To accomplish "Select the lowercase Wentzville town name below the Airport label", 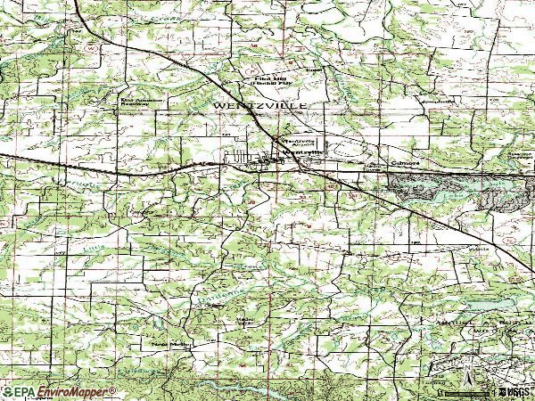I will [301, 151].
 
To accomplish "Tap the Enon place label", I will [312, 69].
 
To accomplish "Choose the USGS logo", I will [515, 392].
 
